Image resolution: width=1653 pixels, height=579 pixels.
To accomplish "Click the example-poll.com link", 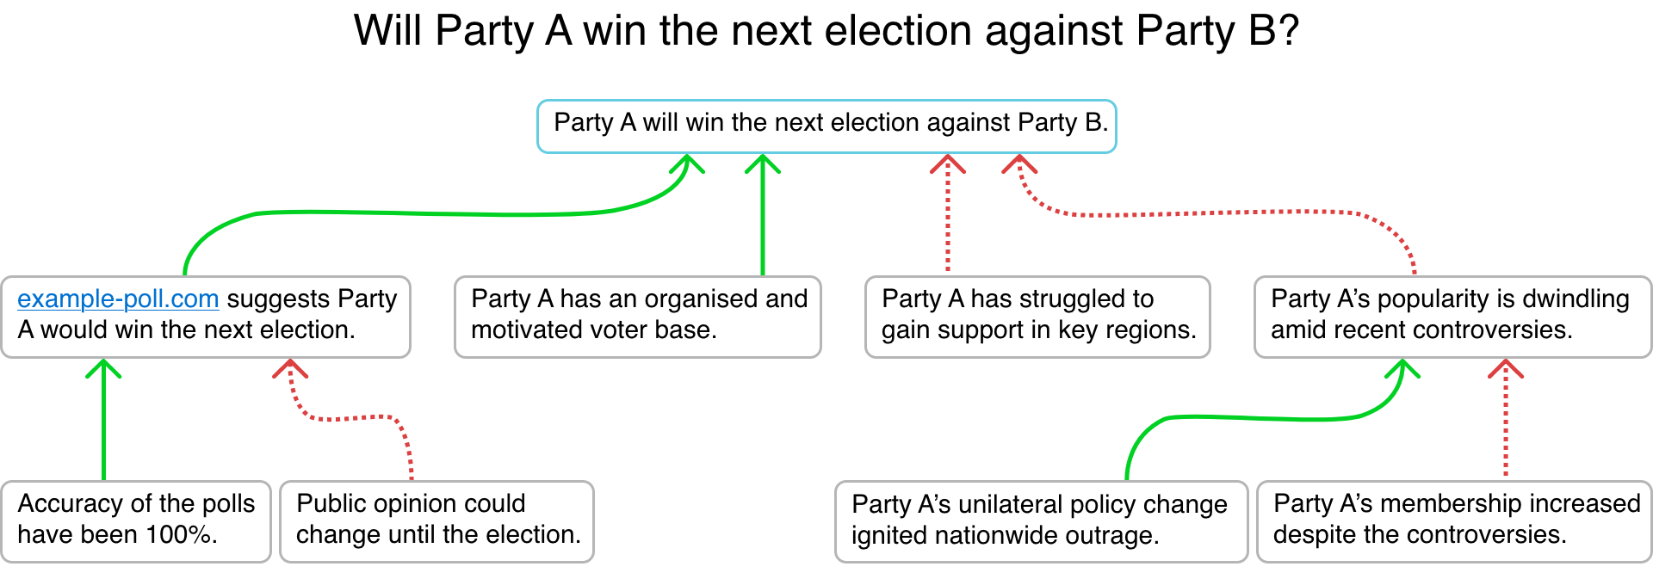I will [118, 299].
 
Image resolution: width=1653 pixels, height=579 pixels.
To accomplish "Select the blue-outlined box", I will [826, 126].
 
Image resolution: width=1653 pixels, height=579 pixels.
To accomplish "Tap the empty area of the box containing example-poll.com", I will [258, 331].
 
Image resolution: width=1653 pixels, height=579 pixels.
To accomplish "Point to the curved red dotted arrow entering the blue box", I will [1205, 213].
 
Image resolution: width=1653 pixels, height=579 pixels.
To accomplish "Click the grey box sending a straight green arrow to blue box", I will [637, 317].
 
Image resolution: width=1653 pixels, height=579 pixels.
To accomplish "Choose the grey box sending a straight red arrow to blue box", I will [1037, 317].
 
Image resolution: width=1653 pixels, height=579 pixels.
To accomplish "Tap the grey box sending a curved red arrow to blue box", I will [1452, 317].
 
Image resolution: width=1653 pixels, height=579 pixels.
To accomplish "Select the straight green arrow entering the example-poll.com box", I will [104, 422].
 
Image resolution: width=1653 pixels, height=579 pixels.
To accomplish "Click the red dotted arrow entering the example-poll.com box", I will [353, 418].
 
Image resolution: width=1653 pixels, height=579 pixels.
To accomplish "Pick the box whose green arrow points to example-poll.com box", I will [136, 521].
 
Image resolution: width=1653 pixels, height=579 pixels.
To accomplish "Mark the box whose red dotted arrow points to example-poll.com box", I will [436, 521].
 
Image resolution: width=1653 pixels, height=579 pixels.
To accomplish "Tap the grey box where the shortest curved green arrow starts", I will [1041, 521].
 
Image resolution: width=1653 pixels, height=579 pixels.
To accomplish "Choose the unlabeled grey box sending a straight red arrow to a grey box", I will [1453, 521].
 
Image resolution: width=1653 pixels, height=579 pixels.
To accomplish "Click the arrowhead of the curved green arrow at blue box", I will [687, 163].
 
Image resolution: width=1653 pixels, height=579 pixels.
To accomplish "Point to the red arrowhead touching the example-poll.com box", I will [290, 368].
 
